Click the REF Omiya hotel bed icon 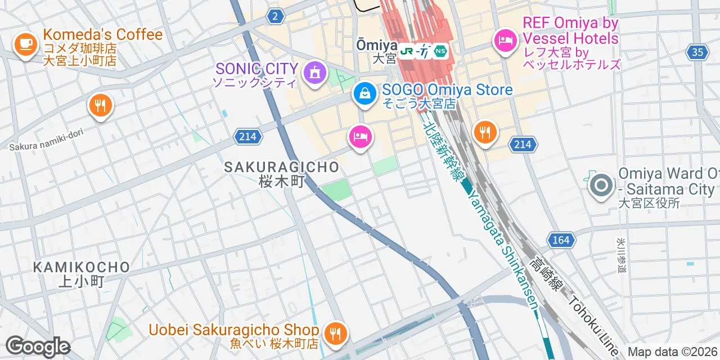point(505,40)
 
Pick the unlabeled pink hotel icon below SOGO point(360,137)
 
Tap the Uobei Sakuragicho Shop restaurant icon point(336,333)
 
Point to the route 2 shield point(274,17)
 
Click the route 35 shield point(697,52)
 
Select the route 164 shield point(561,240)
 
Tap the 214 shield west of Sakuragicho point(247,136)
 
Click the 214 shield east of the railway point(522,145)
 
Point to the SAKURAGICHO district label point(282,167)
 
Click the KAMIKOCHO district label point(82,267)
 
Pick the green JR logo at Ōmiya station point(407,52)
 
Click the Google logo point(38,346)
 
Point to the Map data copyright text point(673,352)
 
